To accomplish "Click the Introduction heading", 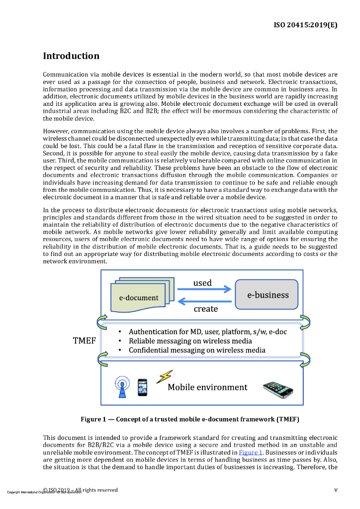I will (x=71, y=56).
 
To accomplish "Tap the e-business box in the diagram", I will (x=268, y=295).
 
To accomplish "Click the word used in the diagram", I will (x=202, y=283).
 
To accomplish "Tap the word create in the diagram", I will (x=205, y=309).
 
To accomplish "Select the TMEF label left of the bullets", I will (x=85, y=341).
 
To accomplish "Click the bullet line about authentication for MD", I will (x=207, y=332).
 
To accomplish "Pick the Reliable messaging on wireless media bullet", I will (x=190, y=341).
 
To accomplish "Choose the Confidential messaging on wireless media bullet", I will (x=196, y=350).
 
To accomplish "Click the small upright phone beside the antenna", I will (x=143, y=387).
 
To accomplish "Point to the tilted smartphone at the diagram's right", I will (x=278, y=389).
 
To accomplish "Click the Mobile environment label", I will (x=207, y=387).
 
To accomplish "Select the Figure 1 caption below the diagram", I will (x=190, y=419).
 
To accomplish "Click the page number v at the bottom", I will (x=336, y=490).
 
